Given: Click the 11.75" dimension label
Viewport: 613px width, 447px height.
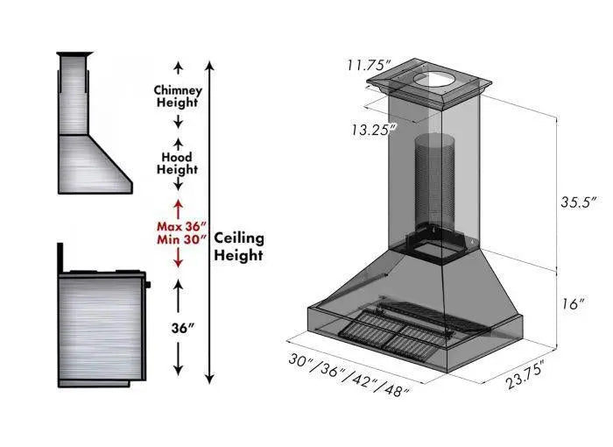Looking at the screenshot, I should pos(368,66).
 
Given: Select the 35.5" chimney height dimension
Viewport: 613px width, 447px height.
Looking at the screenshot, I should pos(579,201).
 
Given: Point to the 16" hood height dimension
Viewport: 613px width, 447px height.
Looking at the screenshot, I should pos(573,304).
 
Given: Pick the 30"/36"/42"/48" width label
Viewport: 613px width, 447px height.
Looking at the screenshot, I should pos(349,375).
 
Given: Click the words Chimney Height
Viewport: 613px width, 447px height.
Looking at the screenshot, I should pos(178,96).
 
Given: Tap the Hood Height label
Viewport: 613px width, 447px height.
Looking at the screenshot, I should pos(178,163).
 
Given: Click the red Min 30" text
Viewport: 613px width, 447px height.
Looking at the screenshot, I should pos(179,238).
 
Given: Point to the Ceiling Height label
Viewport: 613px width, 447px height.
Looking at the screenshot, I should pos(239,246).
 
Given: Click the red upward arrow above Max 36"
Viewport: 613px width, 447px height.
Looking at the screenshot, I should pos(179,207).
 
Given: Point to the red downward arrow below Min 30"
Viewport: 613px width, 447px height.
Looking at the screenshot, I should pos(179,258).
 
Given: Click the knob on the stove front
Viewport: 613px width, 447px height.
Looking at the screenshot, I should pos(149,284).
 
